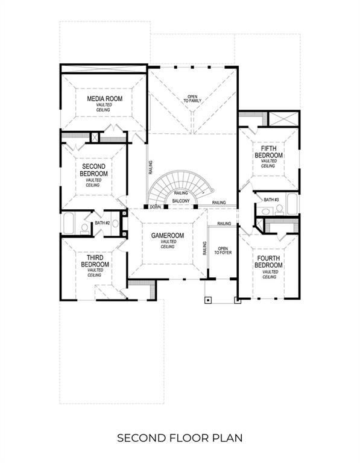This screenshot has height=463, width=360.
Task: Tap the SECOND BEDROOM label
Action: click(x=93, y=170)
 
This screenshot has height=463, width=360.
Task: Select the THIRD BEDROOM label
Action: click(x=95, y=261)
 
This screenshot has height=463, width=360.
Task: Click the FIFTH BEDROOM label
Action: click(x=268, y=151)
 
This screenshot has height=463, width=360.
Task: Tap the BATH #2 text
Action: click(x=102, y=223)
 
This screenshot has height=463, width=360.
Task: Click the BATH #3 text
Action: click(x=271, y=200)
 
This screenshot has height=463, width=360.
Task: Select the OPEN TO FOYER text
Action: click(x=223, y=252)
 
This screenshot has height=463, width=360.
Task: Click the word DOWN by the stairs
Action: click(x=155, y=206)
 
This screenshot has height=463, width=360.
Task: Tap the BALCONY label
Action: click(x=181, y=201)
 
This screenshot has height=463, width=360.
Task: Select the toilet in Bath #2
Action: click(x=84, y=228)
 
